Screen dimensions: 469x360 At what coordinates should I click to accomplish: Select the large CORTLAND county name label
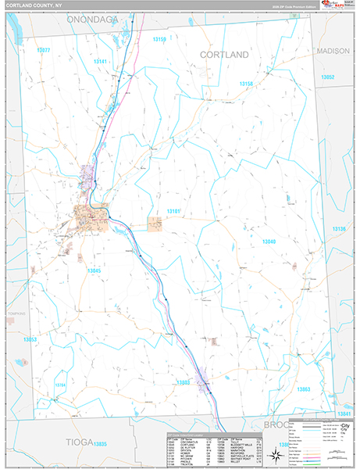[x=224, y=55]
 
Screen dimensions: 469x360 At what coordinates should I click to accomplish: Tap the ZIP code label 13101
[x=173, y=211]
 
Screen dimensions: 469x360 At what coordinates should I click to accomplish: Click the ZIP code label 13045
[x=94, y=270]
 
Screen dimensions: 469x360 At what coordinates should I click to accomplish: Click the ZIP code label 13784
[x=61, y=385]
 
